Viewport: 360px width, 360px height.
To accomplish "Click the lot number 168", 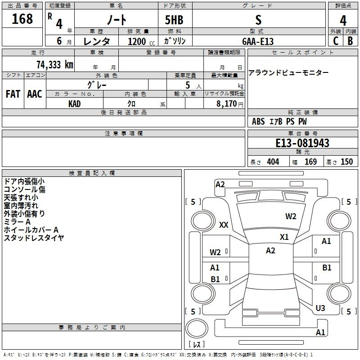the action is [x=22, y=19].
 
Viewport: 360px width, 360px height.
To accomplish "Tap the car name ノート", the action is [x=117, y=20].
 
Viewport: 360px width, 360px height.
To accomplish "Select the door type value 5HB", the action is [x=174, y=20].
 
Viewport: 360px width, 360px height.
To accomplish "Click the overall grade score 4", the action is [x=343, y=21].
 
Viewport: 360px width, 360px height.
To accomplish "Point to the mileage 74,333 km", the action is [x=55, y=65].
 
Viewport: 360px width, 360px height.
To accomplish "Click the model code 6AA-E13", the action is [x=258, y=41].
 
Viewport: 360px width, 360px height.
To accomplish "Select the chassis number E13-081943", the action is [x=302, y=143].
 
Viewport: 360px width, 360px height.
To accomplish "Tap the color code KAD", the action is [x=75, y=104].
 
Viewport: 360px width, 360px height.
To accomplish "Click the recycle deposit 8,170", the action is [x=226, y=104].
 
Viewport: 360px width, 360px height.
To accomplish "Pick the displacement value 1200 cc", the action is [x=141, y=41].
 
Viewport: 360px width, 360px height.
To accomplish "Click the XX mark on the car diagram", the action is [x=224, y=225].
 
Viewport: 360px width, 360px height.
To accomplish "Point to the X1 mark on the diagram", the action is [x=284, y=237].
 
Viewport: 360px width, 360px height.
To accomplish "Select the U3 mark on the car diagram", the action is [x=320, y=308].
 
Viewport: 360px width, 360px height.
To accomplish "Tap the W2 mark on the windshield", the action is [x=291, y=216].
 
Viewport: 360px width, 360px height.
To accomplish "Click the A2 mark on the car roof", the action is [x=270, y=251].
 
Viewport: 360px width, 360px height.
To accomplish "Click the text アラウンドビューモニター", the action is [x=288, y=73].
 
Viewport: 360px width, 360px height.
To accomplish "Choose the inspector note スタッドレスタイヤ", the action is [x=34, y=238].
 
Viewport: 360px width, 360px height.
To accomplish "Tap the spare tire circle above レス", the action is [x=197, y=328].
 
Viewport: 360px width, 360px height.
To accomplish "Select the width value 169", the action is [x=310, y=162].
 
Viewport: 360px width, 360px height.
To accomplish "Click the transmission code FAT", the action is [x=13, y=94].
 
